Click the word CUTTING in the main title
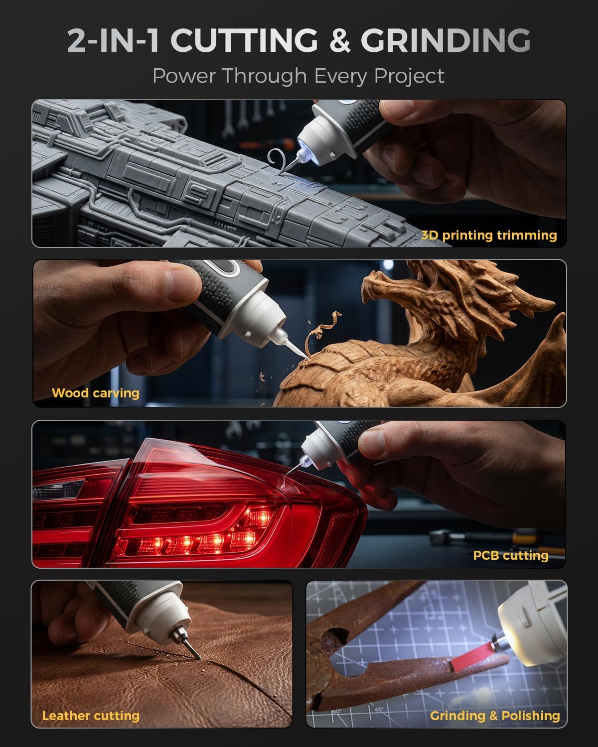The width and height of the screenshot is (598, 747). coord(244,40)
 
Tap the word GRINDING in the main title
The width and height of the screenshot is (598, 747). coord(446,40)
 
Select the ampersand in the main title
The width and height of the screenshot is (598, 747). coord(339,40)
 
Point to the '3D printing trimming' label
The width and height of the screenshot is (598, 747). coord(489,236)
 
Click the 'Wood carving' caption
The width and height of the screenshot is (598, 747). coord(96,393)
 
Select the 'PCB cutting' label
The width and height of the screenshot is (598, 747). coord(511,555)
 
